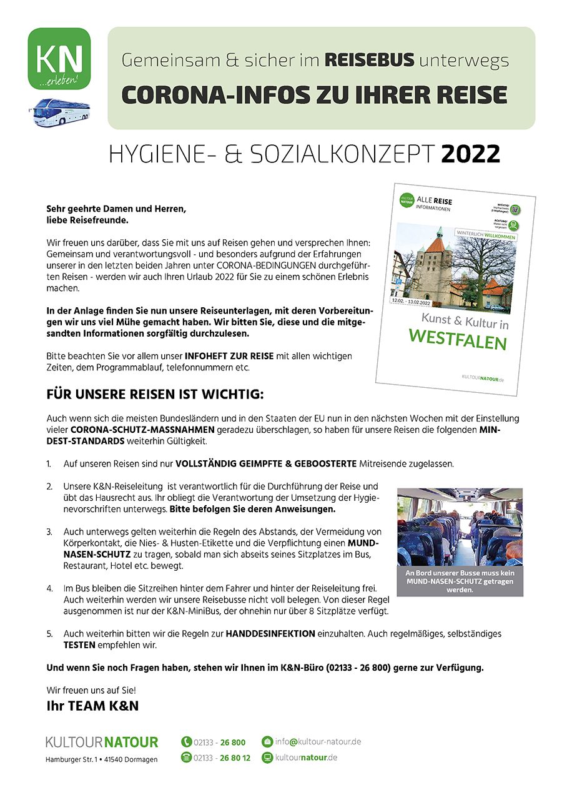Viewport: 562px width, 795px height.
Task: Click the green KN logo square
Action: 59,59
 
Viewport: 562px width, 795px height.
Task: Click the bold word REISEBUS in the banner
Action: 370,60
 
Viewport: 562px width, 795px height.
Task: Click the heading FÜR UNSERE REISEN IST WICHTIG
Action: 155,395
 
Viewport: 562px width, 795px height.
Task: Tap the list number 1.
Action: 49,464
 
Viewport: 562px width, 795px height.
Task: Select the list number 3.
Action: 49,531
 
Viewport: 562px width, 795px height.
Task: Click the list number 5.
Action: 49,633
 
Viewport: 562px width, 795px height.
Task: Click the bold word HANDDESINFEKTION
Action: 270,633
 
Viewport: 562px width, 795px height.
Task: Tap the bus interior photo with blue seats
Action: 460,527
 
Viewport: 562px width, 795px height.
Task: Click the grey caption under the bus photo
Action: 460,581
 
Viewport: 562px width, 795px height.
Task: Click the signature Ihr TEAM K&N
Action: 92,706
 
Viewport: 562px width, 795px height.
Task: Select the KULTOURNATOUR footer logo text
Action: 101,743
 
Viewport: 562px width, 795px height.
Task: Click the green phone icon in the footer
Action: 186,742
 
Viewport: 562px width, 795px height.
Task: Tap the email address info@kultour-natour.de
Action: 318,742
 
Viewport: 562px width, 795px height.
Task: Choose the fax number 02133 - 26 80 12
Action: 222,758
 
